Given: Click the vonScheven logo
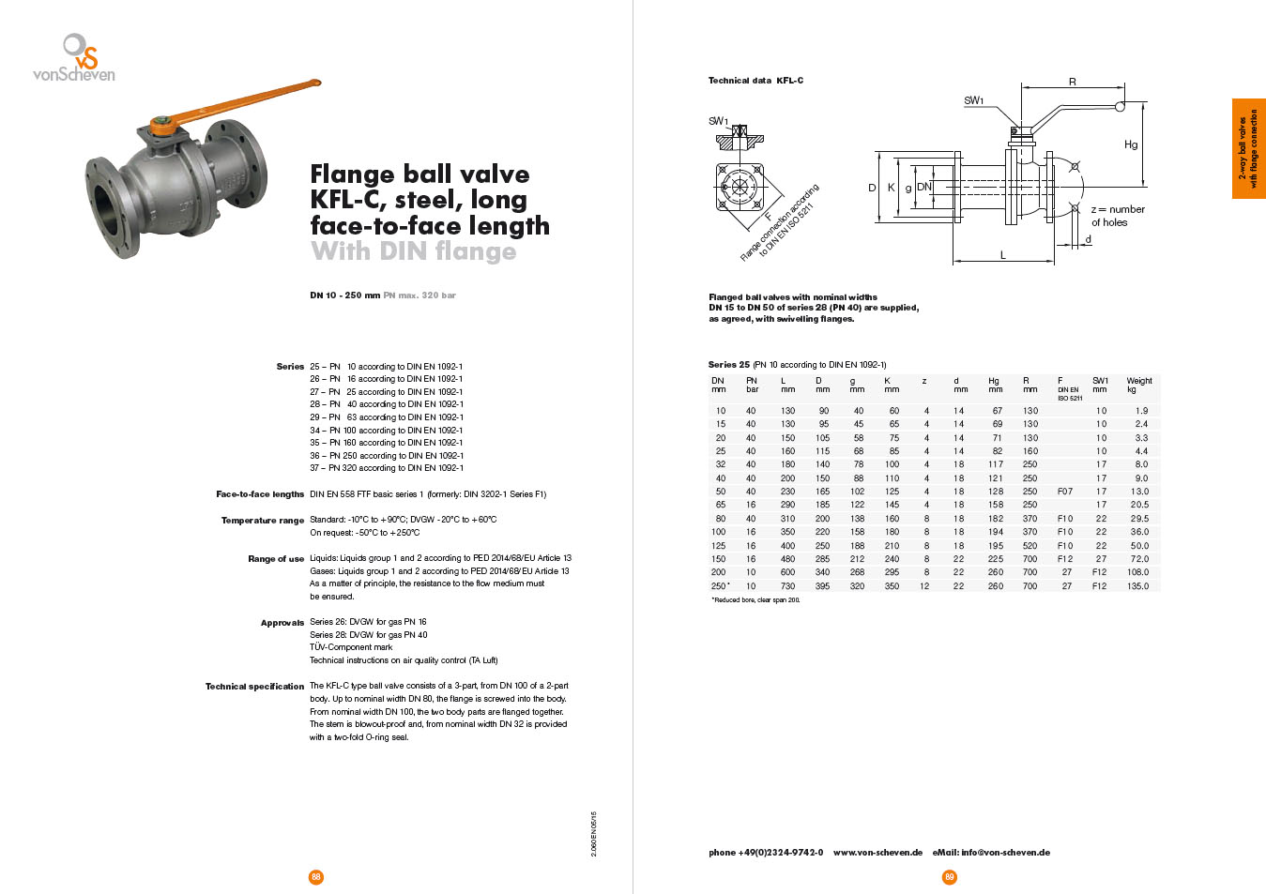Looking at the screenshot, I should point(74,58).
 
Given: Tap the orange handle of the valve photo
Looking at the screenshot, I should point(244,101).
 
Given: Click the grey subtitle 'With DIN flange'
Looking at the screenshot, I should point(413,251).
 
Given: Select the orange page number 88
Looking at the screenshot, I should point(315,877).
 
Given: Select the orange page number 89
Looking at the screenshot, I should point(949,877).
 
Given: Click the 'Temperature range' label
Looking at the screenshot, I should point(263,521).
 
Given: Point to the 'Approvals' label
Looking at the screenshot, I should point(282,623).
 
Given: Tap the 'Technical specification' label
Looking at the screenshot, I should point(255,687).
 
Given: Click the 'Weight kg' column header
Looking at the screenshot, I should point(1138,385).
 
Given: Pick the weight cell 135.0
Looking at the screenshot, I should point(1137,586).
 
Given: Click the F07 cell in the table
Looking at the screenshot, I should point(1064,492).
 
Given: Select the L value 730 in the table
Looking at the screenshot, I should point(787,586).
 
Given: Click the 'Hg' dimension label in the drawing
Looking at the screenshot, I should point(1131,144).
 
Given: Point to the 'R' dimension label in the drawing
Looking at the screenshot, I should point(1073,83).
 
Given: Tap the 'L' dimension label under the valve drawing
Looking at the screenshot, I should point(1002,255).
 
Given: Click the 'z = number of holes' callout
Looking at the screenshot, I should point(1117,216).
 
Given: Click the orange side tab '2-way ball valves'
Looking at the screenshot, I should point(1248,148).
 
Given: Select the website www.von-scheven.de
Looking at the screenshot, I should point(877,853).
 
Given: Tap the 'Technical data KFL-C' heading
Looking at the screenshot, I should point(755,81).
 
